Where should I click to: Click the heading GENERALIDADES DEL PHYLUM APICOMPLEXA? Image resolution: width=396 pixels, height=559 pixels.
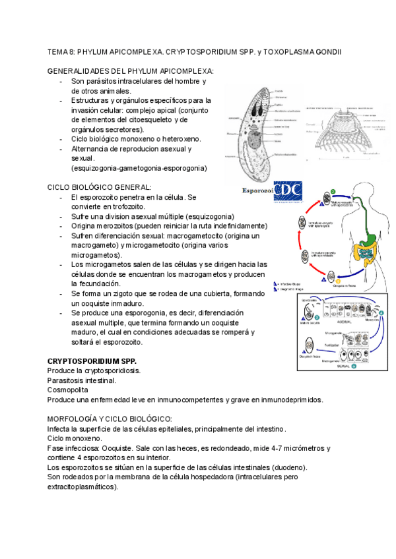(131, 71)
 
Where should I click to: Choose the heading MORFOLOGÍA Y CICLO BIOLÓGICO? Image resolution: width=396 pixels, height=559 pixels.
(110, 419)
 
